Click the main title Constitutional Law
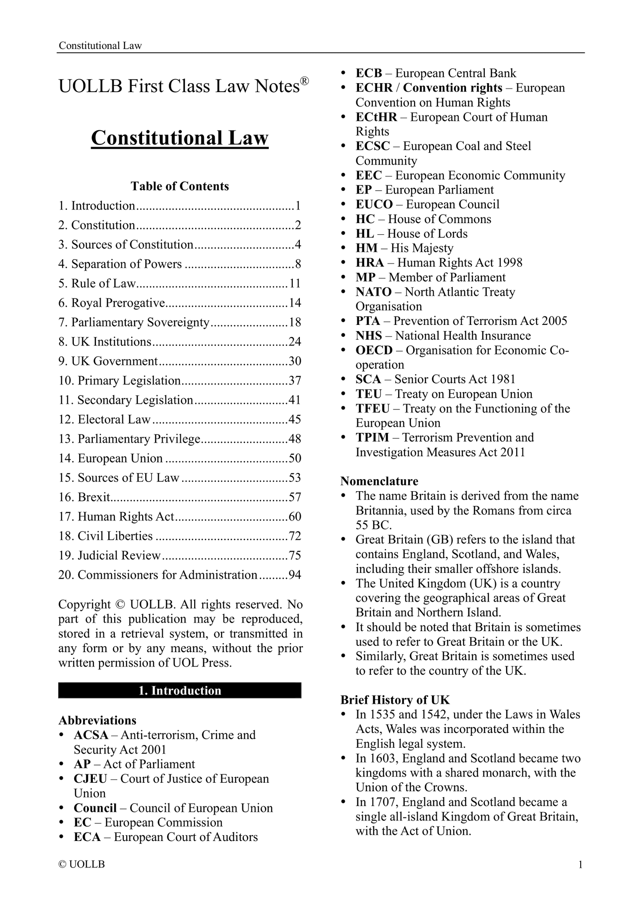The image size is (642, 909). pyautogui.click(x=179, y=138)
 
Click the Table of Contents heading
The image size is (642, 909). pyautogui.click(x=179, y=186)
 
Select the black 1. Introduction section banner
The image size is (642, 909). pyautogui.click(x=179, y=690)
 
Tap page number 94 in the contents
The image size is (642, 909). pyautogui.click(x=295, y=575)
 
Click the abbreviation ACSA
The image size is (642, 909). pyautogui.click(x=91, y=735)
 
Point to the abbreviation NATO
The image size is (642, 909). pyautogui.click(x=373, y=292)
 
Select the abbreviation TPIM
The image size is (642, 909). pyautogui.click(x=372, y=437)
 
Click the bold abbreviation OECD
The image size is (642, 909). pyautogui.click(x=374, y=350)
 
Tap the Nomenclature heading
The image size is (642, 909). pyautogui.click(x=379, y=481)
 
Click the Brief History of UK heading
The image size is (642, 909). pyautogui.click(x=395, y=700)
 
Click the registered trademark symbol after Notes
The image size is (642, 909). pyautogui.click(x=304, y=81)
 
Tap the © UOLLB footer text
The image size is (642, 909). pyautogui.click(x=82, y=865)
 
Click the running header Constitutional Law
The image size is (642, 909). pyautogui.click(x=100, y=45)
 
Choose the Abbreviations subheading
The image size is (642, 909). pyautogui.click(x=97, y=720)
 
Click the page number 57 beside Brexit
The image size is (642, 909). pyautogui.click(x=295, y=497)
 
